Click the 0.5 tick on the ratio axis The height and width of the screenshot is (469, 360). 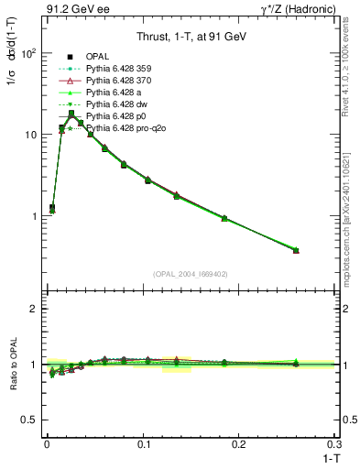31,419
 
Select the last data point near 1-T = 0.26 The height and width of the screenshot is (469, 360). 296,250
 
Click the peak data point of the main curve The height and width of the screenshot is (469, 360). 71,114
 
